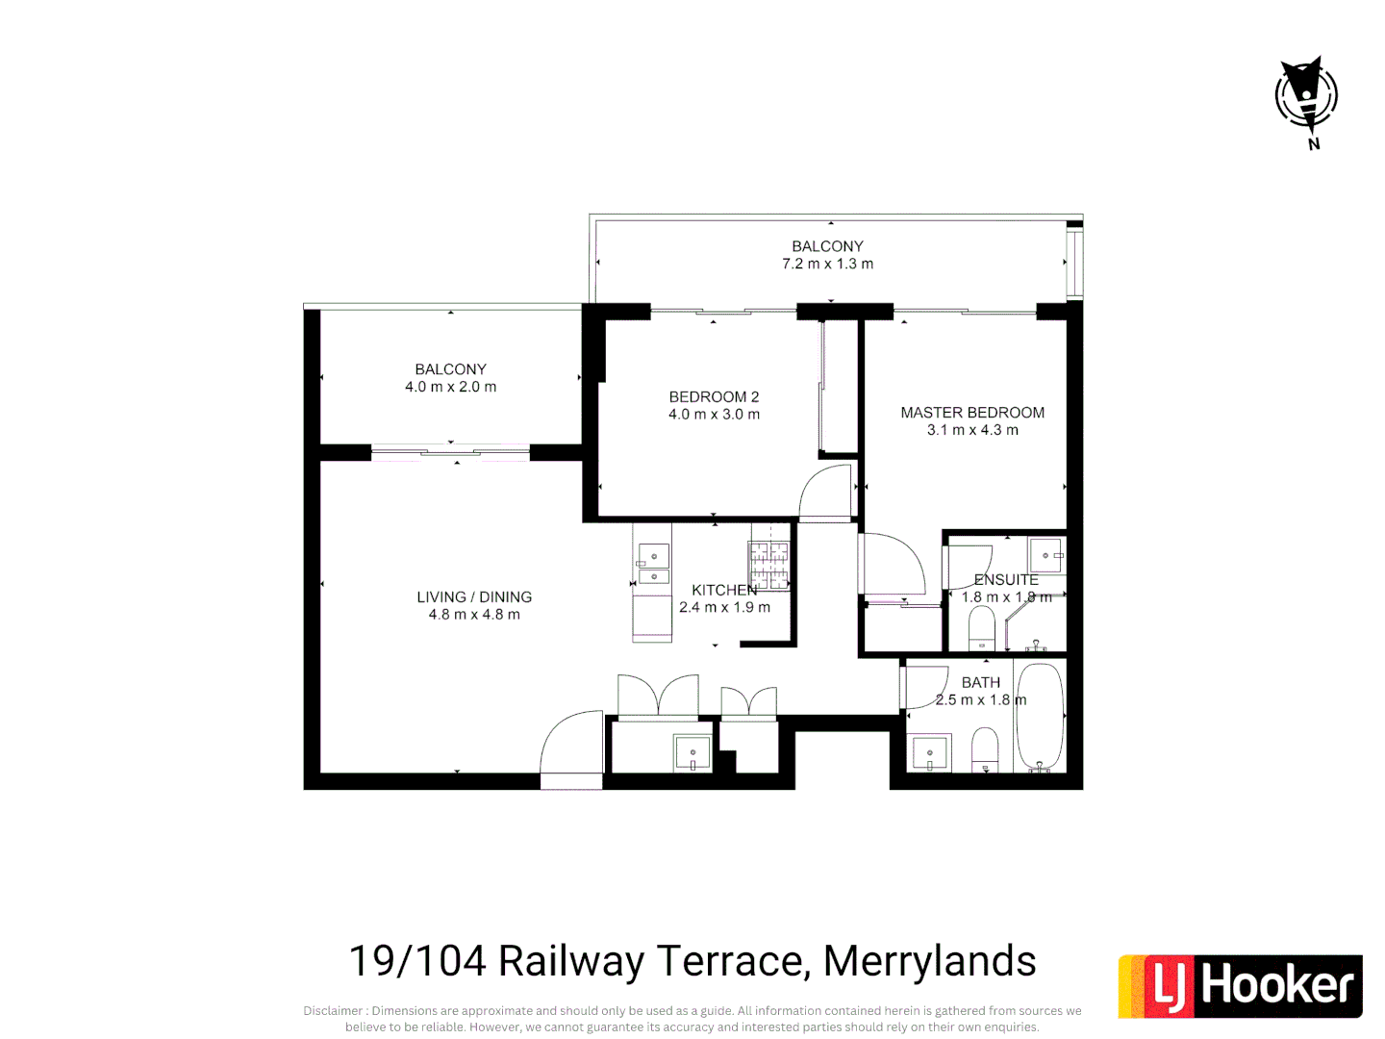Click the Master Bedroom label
tap(972, 413)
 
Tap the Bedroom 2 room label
tap(714, 397)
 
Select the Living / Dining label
tap(474, 597)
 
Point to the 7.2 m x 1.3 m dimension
tap(827, 264)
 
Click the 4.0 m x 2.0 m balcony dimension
tap(450, 387)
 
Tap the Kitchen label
tap(724, 590)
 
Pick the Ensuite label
tap(1006, 580)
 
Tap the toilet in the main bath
tap(985, 748)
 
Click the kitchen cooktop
tap(769, 566)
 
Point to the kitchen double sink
tap(653, 567)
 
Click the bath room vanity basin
tap(930, 752)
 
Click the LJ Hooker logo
tap(1240, 986)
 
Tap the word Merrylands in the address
tap(929, 961)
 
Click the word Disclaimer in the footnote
tap(333, 1011)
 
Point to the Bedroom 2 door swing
tap(827, 493)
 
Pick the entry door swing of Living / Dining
tap(572, 748)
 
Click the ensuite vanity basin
tap(1046, 556)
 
